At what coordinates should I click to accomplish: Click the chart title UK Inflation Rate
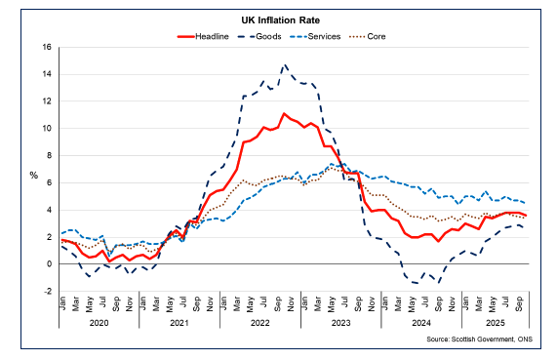pyautogui.click(x=278, y=19)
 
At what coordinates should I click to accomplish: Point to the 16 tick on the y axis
pyautogui.click(x=46, y=47)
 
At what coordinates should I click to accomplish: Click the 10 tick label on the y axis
pyautogui.click(x=46, y=128)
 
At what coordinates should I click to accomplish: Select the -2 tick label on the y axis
pyautogui.click(x=46, y=291)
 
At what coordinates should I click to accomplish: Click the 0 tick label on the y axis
pyautogui.click(x=48, y=263)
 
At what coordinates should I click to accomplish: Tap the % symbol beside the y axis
pyautogui.click(x=34, y=175)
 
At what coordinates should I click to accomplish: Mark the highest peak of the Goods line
pyautogui.click(x=284, y=65)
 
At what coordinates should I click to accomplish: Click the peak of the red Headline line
pyautogui.click(x=284, y=113)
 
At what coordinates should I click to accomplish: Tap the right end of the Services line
pyautogui.click(x=526, y=203)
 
